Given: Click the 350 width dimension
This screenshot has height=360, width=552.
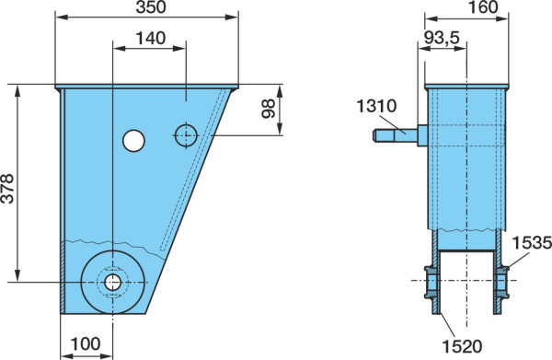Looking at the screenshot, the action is coord(151,7).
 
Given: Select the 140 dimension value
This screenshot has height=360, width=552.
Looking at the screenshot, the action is coord(151,38).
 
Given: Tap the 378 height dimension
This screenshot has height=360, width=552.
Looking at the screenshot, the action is coord(7,189).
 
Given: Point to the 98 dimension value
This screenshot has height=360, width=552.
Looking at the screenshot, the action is coord(269,109).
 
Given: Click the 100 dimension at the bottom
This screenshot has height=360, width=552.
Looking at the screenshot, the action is coord(86,343).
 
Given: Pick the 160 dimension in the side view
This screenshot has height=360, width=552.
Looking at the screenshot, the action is coord(483,7).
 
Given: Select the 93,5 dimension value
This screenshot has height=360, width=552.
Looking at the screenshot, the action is coord(442,38).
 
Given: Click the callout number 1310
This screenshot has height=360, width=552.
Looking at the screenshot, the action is coord(376,106).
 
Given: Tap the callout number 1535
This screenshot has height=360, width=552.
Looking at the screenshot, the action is coord(532,243).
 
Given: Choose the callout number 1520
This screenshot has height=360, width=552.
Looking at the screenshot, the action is coord(462,346).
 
